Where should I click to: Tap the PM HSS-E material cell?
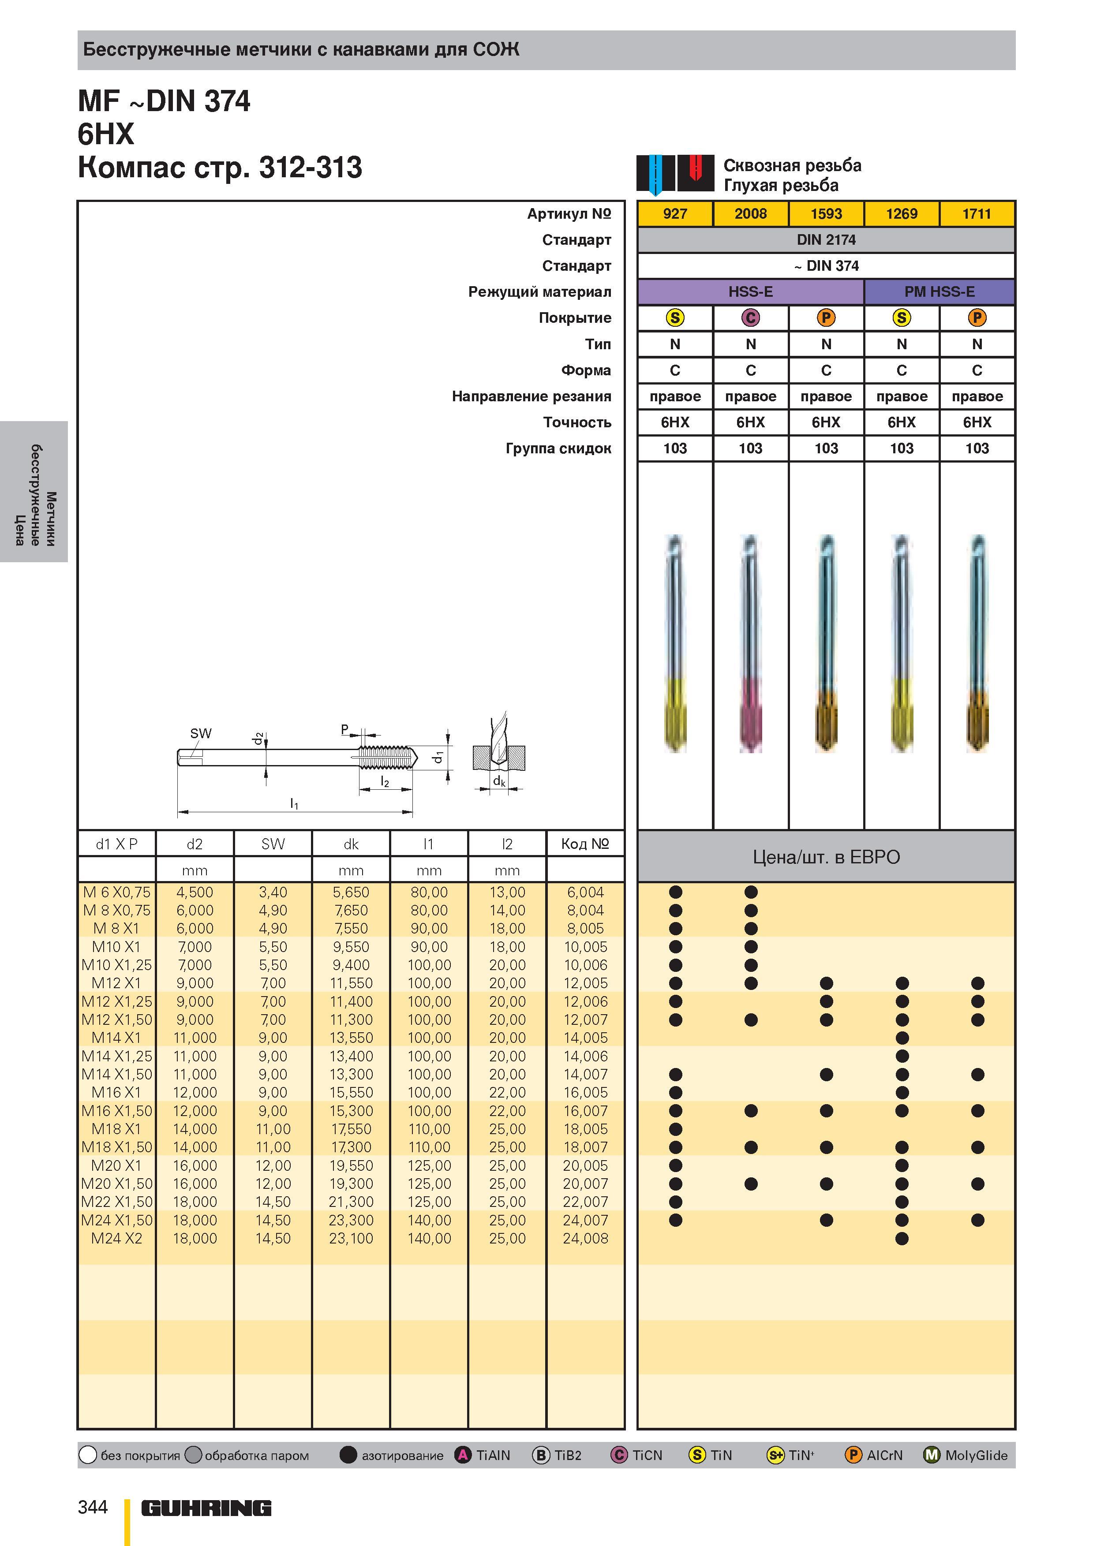(940, 291)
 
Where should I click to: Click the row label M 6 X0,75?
(116, 892)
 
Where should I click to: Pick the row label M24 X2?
(116, 1238)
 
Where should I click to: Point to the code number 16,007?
(585, 1111)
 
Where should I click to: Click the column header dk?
(351, 844)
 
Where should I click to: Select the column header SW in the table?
(273, 844)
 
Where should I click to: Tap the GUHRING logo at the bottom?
(206, 1508)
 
